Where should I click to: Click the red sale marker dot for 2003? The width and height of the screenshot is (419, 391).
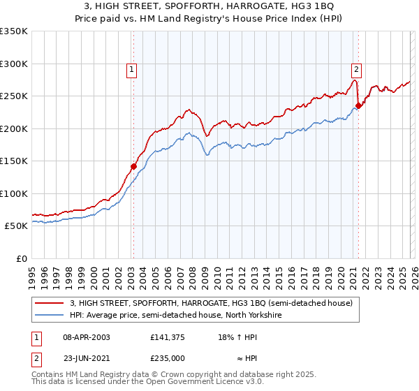point(133,166)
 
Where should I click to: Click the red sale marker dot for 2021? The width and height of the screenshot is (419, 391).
point(358,106)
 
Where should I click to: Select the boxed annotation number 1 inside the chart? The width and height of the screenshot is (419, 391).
point(131,68)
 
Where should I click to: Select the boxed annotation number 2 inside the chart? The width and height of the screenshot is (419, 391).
point(356,68)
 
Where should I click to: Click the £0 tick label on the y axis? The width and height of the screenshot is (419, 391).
point(21,258)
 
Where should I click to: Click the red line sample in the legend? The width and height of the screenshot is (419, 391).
point(50,303)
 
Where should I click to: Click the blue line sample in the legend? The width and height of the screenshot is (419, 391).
point(50,315)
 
